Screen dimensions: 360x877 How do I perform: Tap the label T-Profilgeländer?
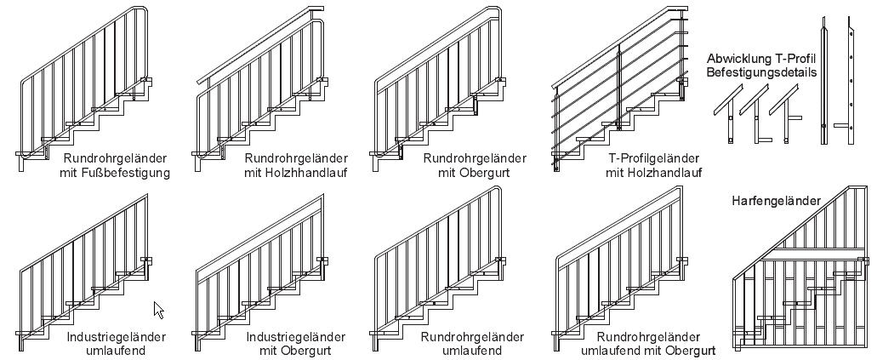click(653, 158)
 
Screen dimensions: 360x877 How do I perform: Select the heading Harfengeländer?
click(776, 201)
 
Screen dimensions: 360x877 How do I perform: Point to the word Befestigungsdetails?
click(761, 72)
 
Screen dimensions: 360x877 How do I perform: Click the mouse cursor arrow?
click(158, 309)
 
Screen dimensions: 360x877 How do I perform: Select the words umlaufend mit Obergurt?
click(647, 351)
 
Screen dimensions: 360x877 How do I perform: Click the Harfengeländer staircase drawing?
click(800, 272)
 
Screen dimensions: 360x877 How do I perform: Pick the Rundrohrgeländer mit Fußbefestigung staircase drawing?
click(85, 85)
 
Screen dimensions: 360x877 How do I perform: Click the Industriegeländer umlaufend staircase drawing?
click(85, 264)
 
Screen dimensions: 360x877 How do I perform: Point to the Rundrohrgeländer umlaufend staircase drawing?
click(438, 264)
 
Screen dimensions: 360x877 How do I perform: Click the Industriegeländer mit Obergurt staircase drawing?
click(259, 264)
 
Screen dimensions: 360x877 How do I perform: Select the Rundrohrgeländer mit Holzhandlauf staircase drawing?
click(259, 85)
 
